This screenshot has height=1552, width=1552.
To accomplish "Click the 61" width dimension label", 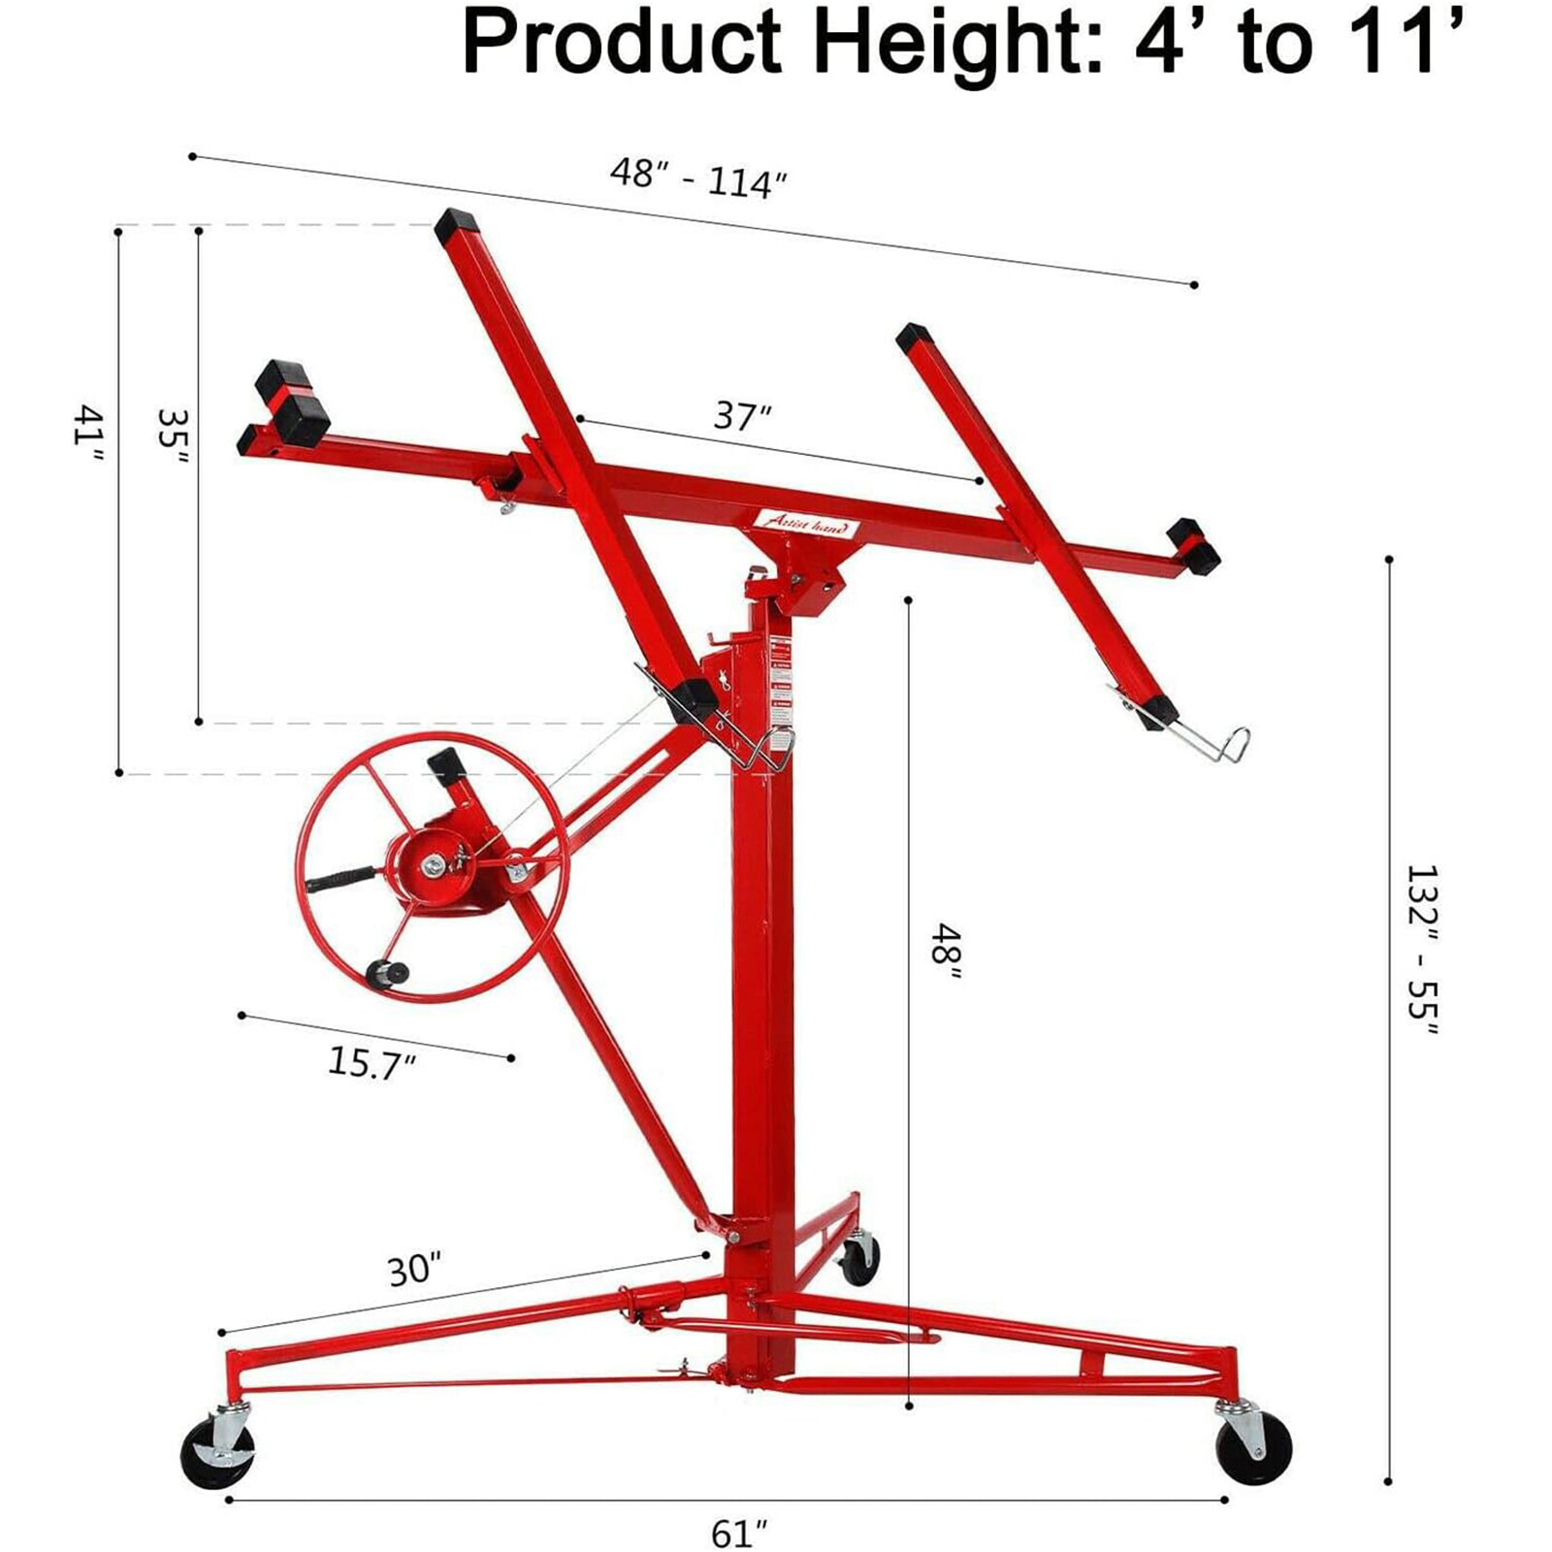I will (x=739, y=1534).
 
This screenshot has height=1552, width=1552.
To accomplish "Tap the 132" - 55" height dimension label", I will (x=1421, y=950).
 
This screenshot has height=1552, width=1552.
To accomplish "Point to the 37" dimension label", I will (x=742, y=416).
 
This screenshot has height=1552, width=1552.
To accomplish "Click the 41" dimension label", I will (x=88, y=439).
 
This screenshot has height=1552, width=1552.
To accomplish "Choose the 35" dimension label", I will (x=173, y=441).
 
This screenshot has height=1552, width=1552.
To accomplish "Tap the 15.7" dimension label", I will (x=372, y=1062).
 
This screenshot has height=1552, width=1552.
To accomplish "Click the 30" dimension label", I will (x=414, y=1270).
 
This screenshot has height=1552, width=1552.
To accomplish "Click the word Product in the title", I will (x=622, y=43).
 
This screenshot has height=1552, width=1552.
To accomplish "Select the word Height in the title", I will (x=956, y=43).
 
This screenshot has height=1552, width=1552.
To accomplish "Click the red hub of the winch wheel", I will (x=431, y=863).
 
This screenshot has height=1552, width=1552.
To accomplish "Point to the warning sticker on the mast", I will (x=781, y=679).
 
